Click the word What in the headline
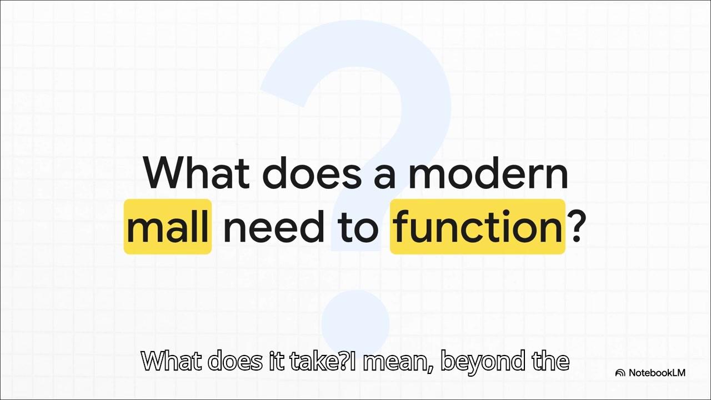click(197, 172)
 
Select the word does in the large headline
click(312, 172)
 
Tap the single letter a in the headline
click(385, 177)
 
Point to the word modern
click(488, 172)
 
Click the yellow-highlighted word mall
click(168, 226)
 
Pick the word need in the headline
click(274, 226)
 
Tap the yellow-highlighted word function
click(477, 226)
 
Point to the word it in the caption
click(275, 361)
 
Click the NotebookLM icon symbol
click(620, 373)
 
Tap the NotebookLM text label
click(657, 373)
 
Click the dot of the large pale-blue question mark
click(355, 323)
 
